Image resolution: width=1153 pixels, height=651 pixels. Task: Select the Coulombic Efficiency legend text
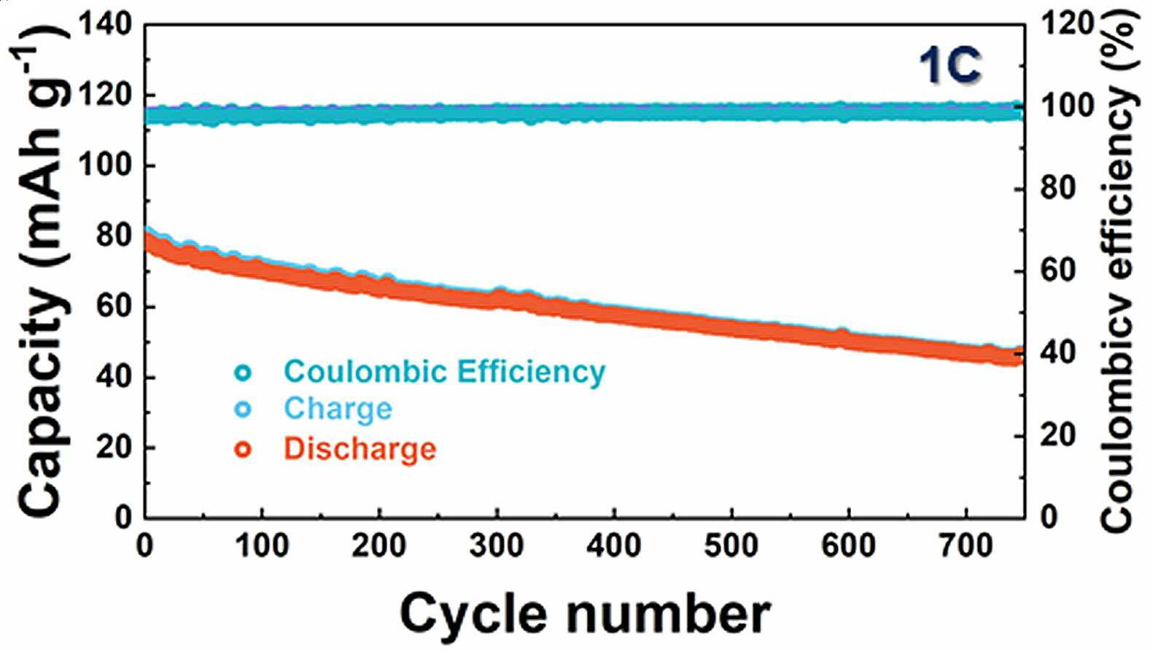pyautogui.click(x=445, y=372)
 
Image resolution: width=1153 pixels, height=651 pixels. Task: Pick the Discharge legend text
pyautogui.click(x=360, y=449)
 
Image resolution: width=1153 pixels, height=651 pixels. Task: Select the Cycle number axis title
pyautogui.click(x=585, y=615)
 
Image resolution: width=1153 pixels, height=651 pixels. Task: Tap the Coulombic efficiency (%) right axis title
pyautogui.click(x=1121, y=275)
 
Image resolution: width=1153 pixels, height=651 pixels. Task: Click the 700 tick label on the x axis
pyautogui.click(x=966, y=545)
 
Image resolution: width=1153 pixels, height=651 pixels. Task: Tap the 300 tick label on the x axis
pyautogui.click(x=496, y=545)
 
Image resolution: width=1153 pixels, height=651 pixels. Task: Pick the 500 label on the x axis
pyautogui.click(x=731, y=545)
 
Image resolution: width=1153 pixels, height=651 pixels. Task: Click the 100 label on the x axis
pyautogui.click(x=262, y=545)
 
